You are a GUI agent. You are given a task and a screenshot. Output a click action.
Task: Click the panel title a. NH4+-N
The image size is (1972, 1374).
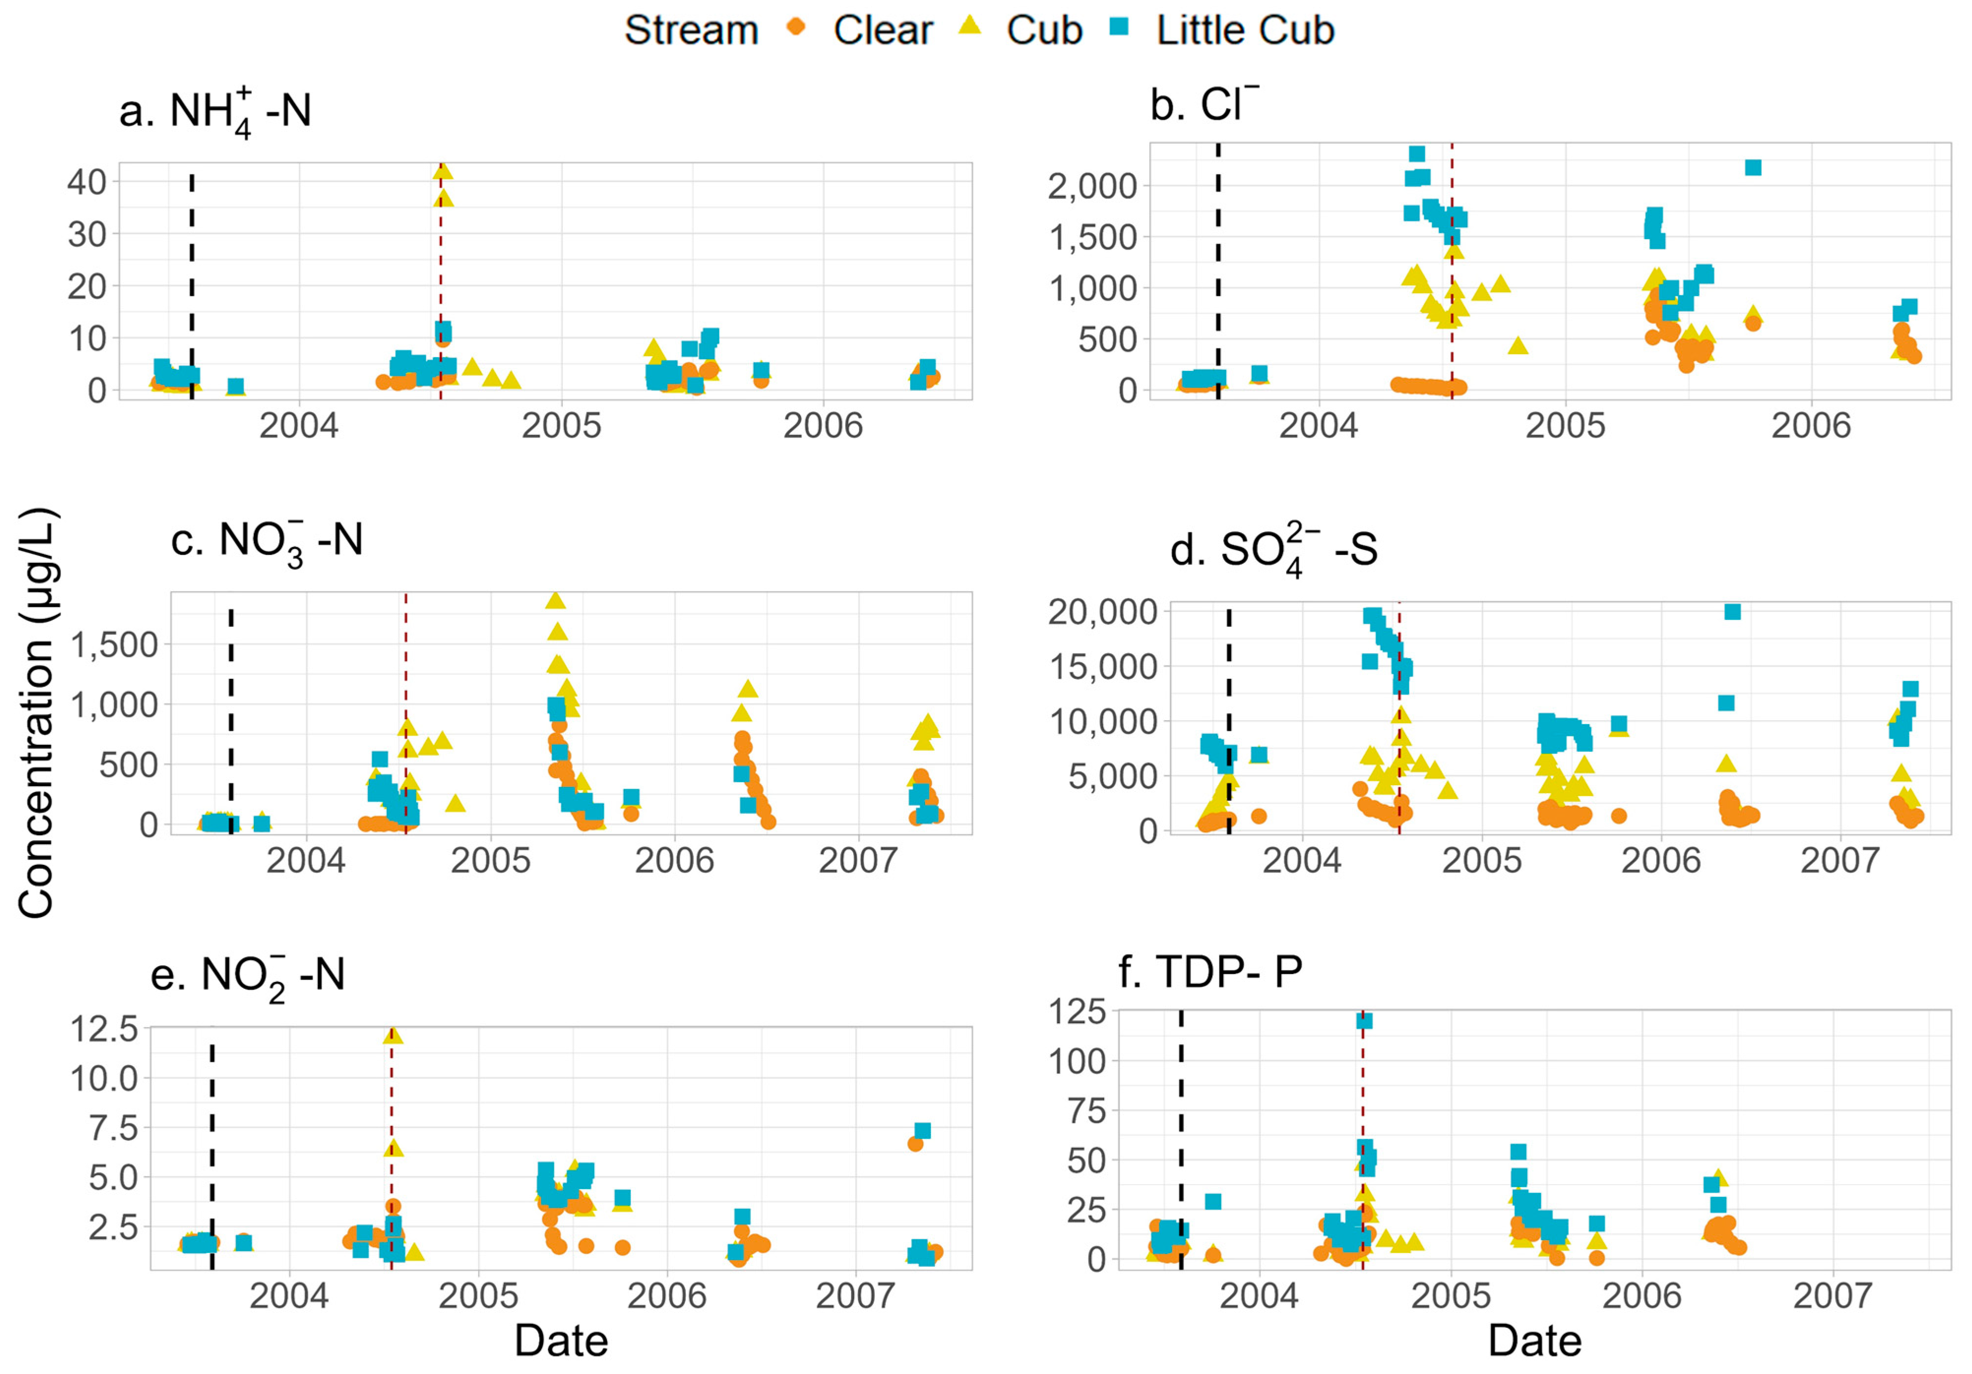click(x=215, y=112)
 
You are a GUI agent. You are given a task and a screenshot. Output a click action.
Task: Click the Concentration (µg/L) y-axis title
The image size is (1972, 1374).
click(x=37, y=713)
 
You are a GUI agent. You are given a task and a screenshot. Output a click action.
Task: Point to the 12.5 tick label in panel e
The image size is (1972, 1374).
click(x=104, y=1028)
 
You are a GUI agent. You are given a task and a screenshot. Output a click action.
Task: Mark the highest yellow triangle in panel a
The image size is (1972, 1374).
click(x=442, y=170)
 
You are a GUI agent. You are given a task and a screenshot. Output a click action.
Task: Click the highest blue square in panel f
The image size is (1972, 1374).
click(x=1364, y=1020)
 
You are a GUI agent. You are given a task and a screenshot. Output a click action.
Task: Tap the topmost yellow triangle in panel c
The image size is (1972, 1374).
click(x=555, y=600)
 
